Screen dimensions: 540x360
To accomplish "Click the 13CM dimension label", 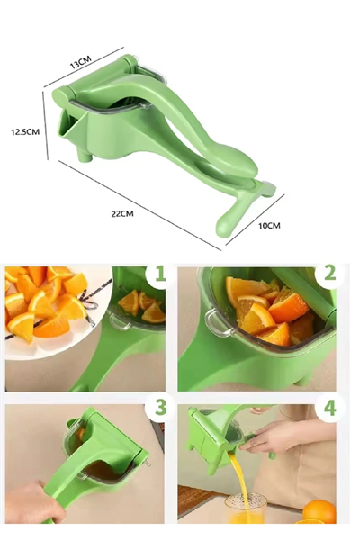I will coord(80,62).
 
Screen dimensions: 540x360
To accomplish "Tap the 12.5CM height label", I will coord(24,131).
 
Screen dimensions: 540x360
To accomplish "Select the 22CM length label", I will coord(122,213).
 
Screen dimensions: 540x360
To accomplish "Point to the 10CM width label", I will coord(269,224).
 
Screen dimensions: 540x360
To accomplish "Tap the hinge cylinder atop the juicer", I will coord(94,80).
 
